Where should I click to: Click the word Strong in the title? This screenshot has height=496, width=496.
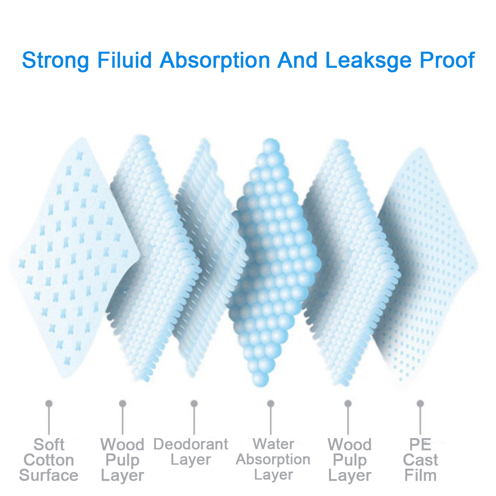tap(55, 60)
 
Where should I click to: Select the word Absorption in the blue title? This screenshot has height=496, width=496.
tap(215, 60)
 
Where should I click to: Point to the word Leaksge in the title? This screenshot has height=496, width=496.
tap(369, 60)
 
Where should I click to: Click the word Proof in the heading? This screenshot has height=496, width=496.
tap(447, 60)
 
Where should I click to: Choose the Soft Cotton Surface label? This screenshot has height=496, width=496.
tap(49, 460)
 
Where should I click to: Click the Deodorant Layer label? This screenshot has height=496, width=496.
tap(191, 452)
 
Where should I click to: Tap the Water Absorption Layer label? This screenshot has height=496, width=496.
tap(273, 459)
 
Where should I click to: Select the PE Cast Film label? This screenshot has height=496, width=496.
tap(420, 460)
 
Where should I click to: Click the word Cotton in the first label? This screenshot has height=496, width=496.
tap(49, 460)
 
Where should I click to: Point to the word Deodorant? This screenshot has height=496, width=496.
tap(191, 444)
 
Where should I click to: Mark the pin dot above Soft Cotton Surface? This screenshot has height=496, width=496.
tap(49, 403)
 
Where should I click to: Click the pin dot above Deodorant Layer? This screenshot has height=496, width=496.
tap(194, 403)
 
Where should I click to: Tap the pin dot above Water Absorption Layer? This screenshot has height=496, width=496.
tap(271, 403)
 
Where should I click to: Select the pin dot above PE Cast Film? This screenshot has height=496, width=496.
tap(420, 403)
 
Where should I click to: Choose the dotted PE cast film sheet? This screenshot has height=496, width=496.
tap(430, 265)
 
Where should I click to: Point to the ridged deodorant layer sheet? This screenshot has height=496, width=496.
tap(207, 256)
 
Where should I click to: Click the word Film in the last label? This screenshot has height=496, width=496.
tap(420, 475)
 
